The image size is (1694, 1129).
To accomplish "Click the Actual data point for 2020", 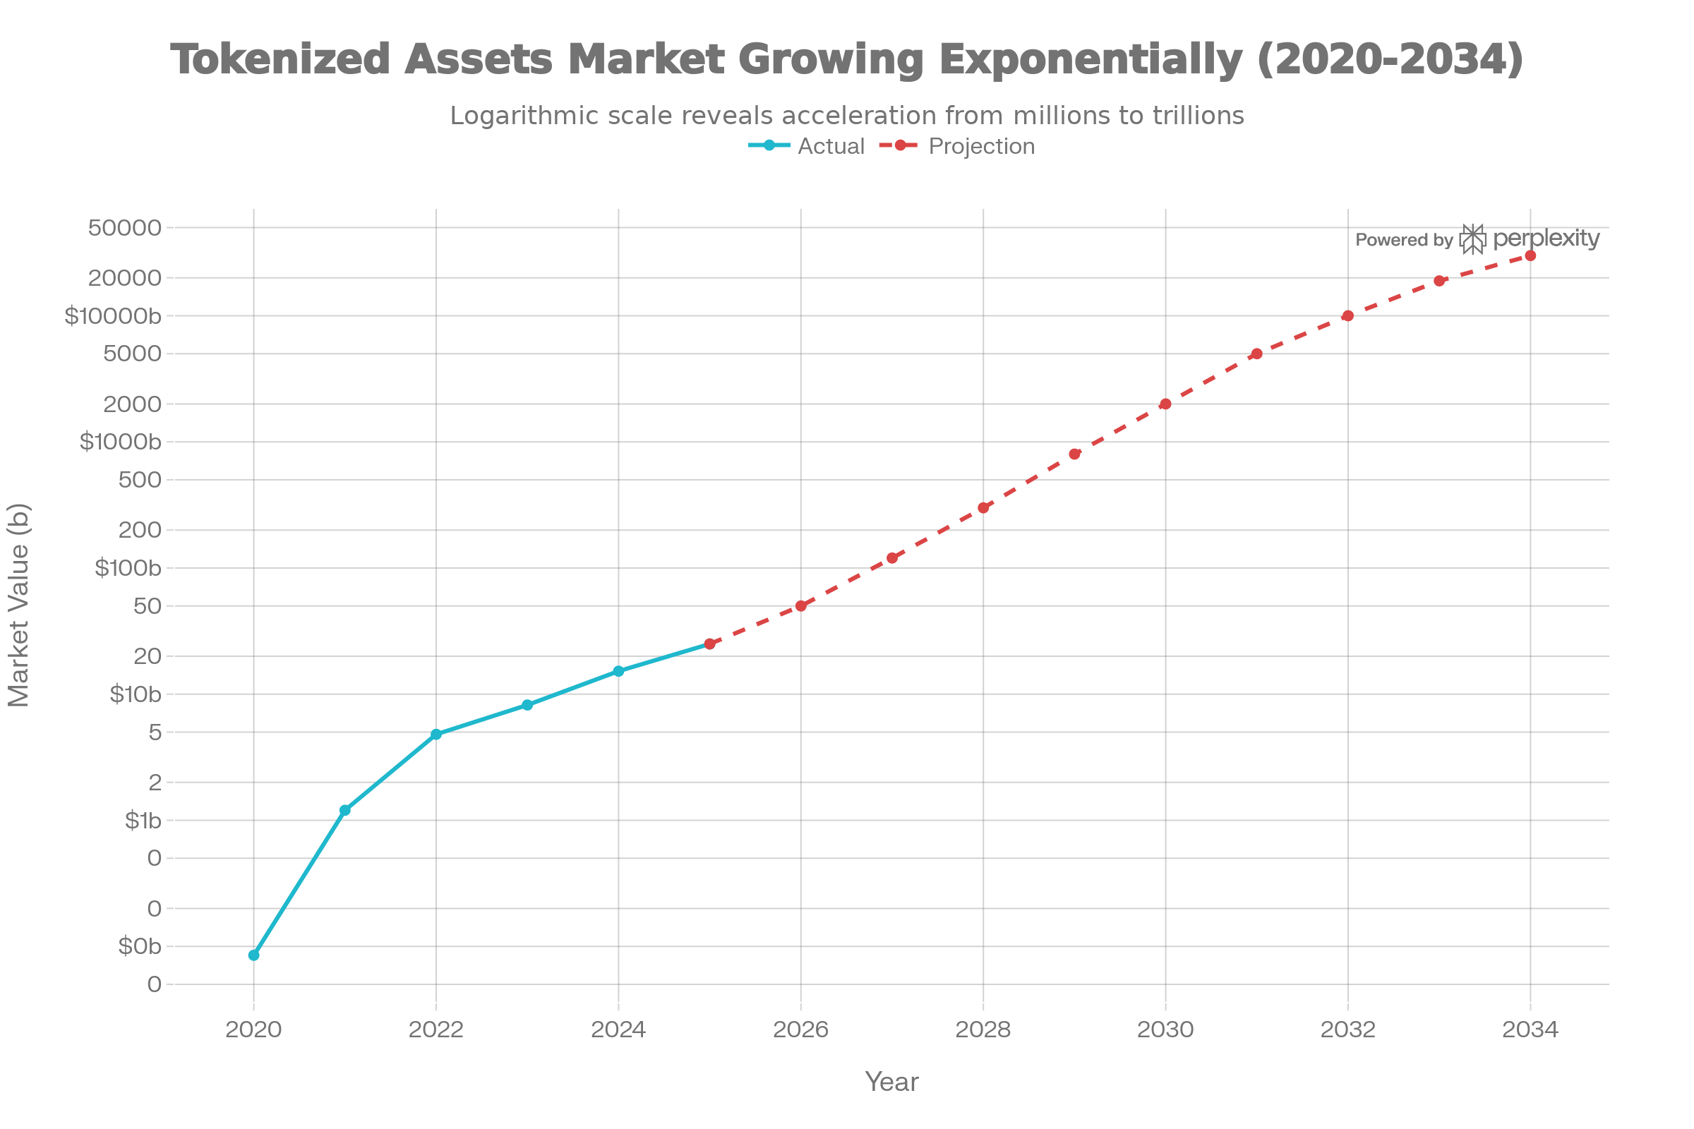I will point(253,955).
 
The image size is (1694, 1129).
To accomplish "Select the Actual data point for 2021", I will point(345,810).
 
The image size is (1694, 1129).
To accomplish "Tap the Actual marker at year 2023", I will point(527,705).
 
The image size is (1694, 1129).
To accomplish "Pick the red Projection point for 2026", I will point(801,606).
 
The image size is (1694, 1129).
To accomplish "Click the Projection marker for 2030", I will point(1165,404).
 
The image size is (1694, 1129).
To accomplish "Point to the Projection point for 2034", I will point(1530,255).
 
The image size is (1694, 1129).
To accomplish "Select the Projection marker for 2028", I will point(983,507).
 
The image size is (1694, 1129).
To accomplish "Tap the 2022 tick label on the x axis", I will point(435,1030).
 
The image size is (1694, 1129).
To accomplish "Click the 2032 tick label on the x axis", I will point(1347,1030).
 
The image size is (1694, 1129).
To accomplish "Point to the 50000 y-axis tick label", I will point(125,228).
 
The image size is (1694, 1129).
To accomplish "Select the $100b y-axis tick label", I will point(128,568).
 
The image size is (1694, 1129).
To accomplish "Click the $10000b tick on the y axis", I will point(113,316).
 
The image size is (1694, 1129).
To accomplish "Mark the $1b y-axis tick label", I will point(143,820).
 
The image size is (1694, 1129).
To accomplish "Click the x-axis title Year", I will point(891,1082).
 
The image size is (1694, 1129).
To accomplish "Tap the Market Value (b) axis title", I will point(19,605).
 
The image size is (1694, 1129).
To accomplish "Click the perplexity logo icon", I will point(1473,239).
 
